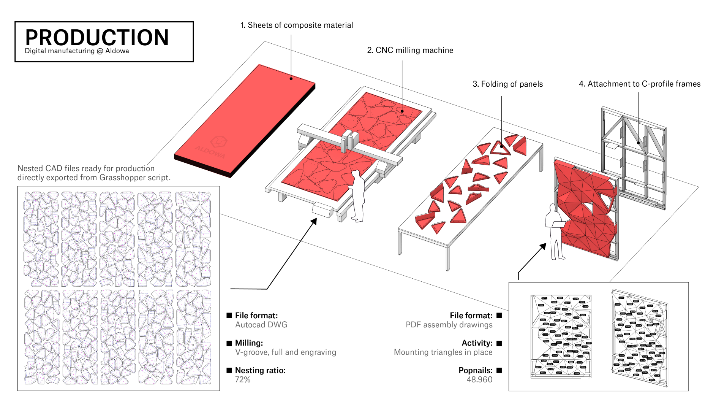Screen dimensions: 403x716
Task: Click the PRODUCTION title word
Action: pos(97,38)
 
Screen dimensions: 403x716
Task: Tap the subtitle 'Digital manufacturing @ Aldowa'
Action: pos(77,51)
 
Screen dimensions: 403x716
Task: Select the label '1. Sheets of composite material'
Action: pos(296,25)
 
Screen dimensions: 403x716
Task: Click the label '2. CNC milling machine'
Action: pos(410,50)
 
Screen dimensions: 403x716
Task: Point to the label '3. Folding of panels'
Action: pos(507,84)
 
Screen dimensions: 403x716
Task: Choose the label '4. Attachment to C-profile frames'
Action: pos(639,84)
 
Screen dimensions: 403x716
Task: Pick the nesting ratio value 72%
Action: pos(243,379)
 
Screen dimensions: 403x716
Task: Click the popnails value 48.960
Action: pos(479,379)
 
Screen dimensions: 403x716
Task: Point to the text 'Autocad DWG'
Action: pos(261,325)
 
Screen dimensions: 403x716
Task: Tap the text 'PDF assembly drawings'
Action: pos(449,325)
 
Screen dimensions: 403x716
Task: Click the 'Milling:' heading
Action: pos(249,343)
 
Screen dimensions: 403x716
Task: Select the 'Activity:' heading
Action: pos(477,343)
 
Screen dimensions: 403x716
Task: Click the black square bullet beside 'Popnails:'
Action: pos(499,370)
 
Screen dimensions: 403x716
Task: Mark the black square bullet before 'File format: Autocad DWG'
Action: pos(229,316)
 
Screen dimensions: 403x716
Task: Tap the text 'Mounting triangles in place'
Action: pos(443,352)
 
